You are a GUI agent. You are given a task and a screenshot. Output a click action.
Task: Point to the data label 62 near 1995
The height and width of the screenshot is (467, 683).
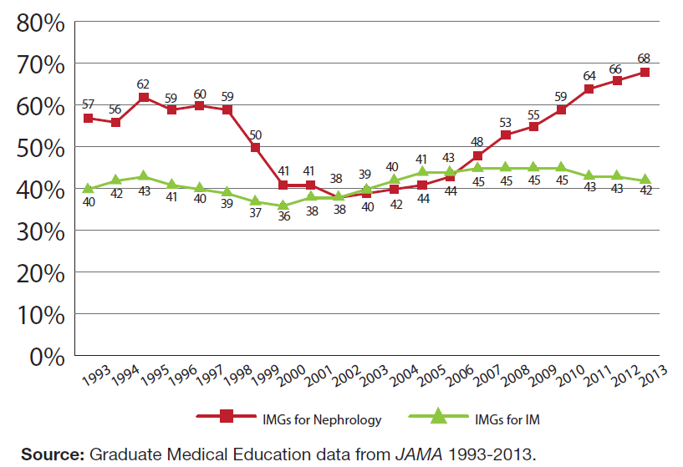point(144,84)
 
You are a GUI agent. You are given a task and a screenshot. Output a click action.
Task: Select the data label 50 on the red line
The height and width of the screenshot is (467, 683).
point(255,134)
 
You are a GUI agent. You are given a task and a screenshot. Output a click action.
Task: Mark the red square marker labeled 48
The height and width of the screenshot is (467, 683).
point(478,155)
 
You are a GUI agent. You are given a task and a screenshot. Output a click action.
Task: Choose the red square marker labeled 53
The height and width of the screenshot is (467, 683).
point(506,135)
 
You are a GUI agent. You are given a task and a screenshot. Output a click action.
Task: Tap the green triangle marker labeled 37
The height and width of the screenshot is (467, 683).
point(255,201)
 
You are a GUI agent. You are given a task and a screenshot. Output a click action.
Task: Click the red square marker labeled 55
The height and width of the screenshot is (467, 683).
point(533,126)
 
